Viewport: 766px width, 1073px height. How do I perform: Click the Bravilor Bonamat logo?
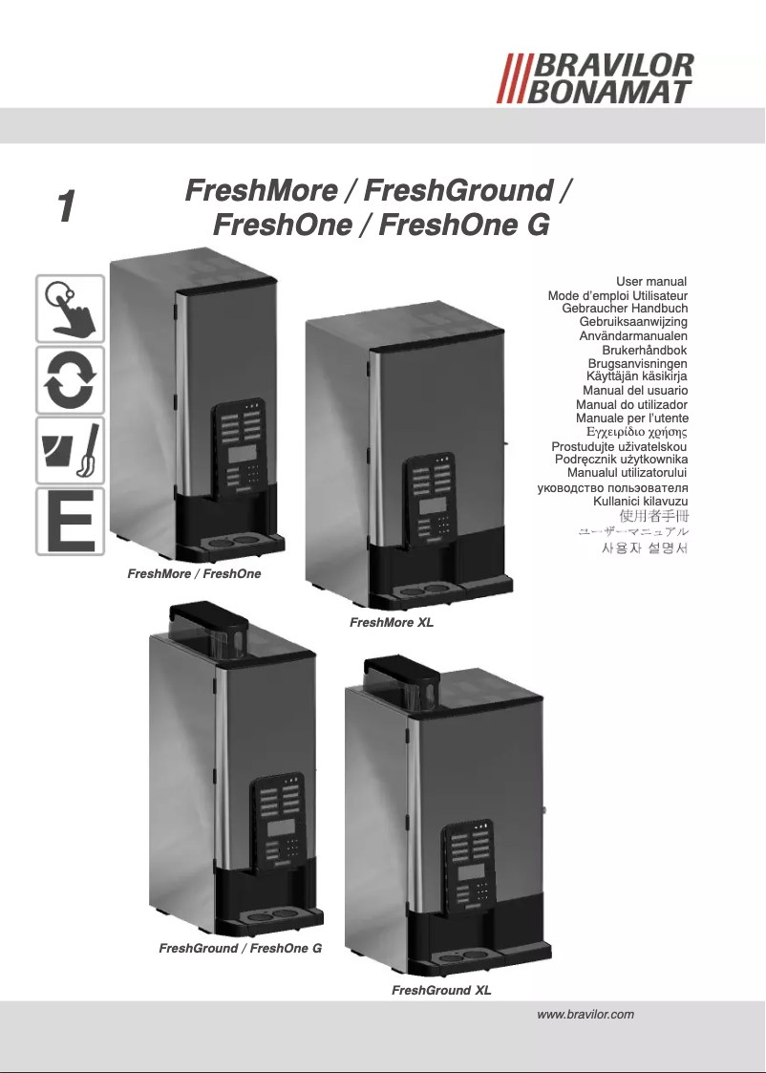coord(598,78)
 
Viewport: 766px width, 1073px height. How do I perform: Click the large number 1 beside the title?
coord(64,207)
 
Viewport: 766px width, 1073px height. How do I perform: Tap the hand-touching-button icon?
coord(70,308)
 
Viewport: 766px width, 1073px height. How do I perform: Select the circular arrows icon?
coord(70,379)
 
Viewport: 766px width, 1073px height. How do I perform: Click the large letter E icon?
coord(70,521)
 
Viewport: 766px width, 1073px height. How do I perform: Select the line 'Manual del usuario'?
coord(635,391)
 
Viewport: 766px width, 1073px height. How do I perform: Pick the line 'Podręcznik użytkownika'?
coord(621,460)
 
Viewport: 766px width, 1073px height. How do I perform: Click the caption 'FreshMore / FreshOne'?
coord(194,574)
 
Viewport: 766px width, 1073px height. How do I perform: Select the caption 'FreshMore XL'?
coord(393,623)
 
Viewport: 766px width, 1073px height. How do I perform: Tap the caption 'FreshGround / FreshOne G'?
coord(240,949)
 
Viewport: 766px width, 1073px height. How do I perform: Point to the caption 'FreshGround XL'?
coord(441,991)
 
